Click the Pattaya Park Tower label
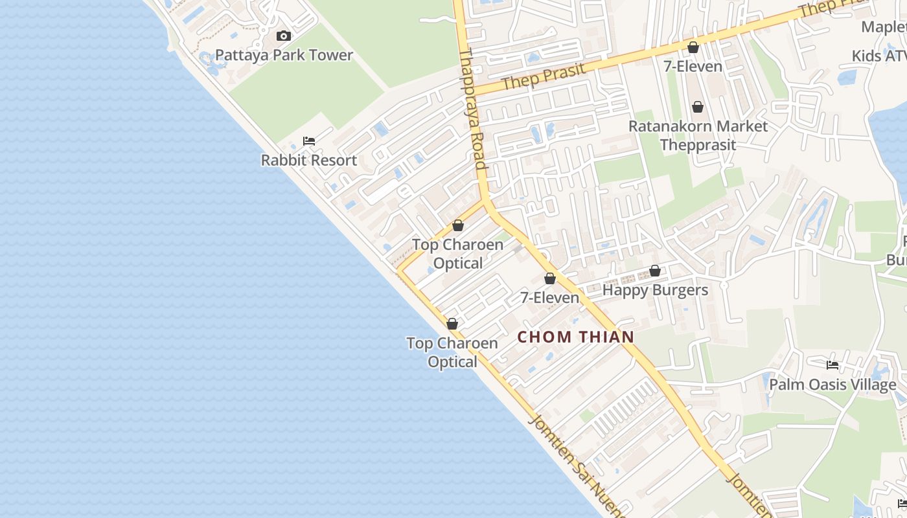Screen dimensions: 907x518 (284, 55)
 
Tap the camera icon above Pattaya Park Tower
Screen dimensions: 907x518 (283, 36)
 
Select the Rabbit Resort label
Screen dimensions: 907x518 (308, 160)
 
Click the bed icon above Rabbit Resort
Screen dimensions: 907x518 (309, 141)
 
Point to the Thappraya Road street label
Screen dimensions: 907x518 (472, 110)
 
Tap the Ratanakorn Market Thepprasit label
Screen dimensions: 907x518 (698, 135)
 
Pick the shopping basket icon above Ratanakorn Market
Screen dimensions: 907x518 (698, 107)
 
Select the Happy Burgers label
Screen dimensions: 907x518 (655, 289)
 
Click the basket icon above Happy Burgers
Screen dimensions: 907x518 (655, 271)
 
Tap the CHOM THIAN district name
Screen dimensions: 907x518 (575, 337)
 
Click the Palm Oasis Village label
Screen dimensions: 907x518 (832, 385)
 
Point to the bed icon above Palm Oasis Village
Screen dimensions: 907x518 (832, 365)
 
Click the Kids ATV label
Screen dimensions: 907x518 (878, 56)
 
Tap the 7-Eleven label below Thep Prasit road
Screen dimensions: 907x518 (693, 66)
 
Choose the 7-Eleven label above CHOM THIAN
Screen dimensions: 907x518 (550, 298)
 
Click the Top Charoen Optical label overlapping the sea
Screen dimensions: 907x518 (452, 352)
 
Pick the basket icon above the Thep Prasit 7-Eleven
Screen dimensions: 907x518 (693, 47)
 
